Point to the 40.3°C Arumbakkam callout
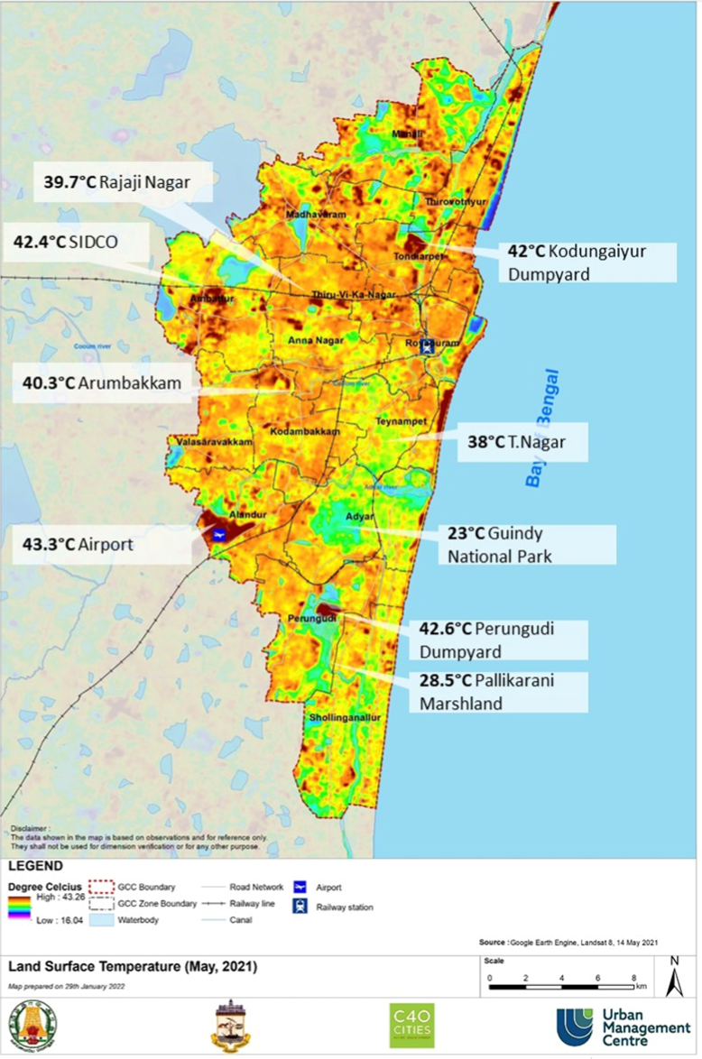coord(107,382)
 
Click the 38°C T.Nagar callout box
coord(522,443)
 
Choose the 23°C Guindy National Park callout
coord(529,544)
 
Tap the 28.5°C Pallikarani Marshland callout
coord(502,691)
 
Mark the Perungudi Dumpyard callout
coord(502,639)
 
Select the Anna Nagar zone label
coord(312,340)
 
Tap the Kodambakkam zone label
coord(305,432)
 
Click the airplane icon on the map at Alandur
coord(217,534)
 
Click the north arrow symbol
coord(673,977)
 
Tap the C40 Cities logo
coord(411,1025)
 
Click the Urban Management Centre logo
coord(622,1027)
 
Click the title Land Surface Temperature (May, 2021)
coord(133,967)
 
